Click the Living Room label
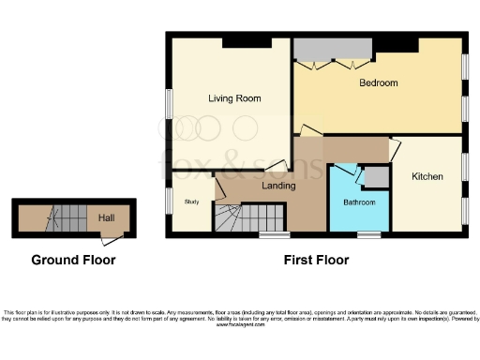233,98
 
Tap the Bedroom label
379,83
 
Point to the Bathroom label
359,202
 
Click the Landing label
278,186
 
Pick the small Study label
192,202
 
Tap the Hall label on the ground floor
106,217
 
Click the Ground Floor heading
73,260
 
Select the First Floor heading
316,260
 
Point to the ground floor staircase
66,219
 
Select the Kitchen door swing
396,147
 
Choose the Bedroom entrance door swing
307,129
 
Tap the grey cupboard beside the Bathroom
376,177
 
